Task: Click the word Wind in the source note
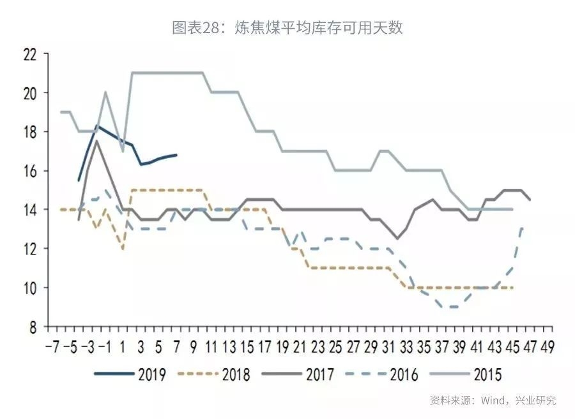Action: pyautogui.click(x=493, y=401)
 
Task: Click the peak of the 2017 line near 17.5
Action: pyautogui.click(x=96, y=140)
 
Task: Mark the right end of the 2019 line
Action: pyautogui.click(x=176, y=154)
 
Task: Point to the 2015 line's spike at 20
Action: pyautogui.click(x=105, y=92)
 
